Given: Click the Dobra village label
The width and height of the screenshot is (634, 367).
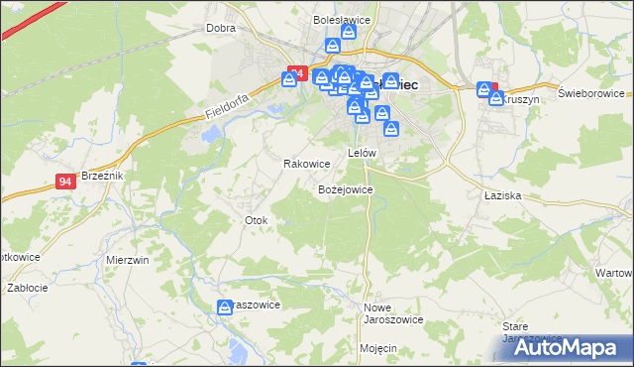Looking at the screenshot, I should [x=220, y=28].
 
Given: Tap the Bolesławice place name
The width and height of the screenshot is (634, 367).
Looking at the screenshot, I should [x=341, y=19].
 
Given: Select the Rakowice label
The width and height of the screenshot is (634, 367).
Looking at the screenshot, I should [x=306, y=164].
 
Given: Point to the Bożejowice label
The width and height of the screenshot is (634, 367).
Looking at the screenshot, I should [x=345, y=188].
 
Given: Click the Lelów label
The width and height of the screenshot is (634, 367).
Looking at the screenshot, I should [x=362, y=153].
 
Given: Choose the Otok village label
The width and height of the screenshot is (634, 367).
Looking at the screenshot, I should [x=256, y=220].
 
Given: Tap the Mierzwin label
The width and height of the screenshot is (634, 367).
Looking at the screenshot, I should [x=127, y=260].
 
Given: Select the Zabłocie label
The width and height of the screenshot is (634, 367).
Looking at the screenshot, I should [x=28, y=288].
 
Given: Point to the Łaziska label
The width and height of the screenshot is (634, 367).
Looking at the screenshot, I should [x=503, y=196].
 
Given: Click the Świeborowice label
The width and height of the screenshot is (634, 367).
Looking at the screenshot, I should [x=588, y=93].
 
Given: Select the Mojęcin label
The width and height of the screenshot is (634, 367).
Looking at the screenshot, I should [x=378, y=349].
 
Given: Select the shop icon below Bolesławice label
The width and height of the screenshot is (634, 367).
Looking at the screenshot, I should [x=348, y=34].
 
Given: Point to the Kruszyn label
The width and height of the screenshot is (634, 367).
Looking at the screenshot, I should [x=519, y=100].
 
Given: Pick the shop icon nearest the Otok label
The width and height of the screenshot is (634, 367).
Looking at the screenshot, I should [x=226, y=309].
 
